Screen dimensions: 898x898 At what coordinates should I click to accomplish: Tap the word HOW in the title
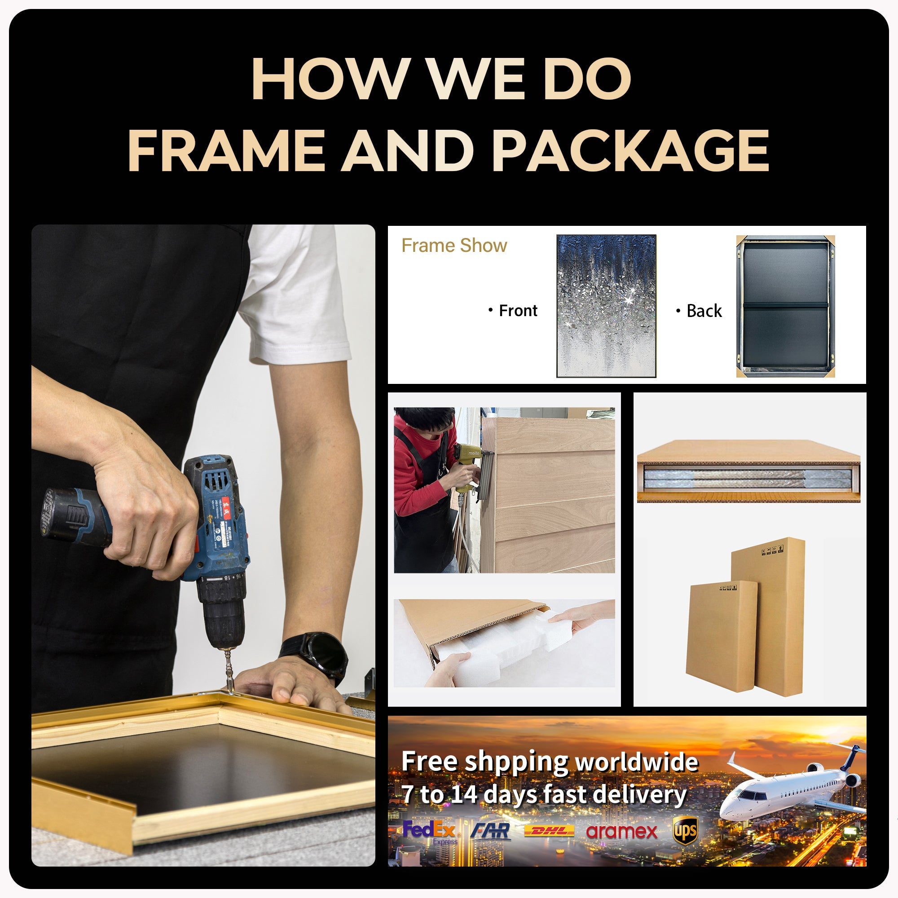[x=329, y=78]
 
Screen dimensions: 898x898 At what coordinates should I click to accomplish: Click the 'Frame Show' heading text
[x=454, y=246]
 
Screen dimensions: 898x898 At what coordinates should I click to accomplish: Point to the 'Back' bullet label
[x=704, y=311]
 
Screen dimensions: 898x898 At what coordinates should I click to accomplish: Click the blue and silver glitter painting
[x=606, y=305]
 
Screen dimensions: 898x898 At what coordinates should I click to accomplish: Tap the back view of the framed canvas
[x=785, y=306]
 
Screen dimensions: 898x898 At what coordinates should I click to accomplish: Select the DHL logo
[x=549, y=832]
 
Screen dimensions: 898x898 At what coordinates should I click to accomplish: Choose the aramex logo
[x=621, y=831]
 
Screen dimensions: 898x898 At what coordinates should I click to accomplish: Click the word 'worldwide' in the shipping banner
[x=636, y=762]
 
